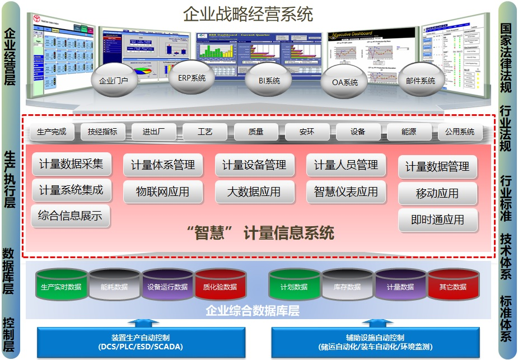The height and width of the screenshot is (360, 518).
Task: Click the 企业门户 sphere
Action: pyautogui.click(x=114, y=80)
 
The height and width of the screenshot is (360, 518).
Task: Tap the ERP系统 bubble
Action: pyautogui.click(x=192, y=78)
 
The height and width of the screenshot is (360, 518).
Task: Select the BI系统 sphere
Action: pyautogui.click(x=269, y=81)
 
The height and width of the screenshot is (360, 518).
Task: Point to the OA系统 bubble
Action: pyautogui.click(x=345, y=82)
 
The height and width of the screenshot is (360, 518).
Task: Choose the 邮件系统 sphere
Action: pyautogui.click(x=420, y=81)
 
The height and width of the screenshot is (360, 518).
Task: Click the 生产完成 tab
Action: pyautogui.click(x=52, y=132)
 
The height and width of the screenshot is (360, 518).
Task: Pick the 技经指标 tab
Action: pyautogui.click(x=102, y=132)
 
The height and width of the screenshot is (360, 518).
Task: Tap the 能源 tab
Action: pyautogui.click(x=409, y=132)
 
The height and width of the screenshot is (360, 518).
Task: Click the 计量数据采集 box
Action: pyautogui.click(x=71, y=164)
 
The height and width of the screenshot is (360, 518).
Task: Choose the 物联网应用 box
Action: pyautogui.click(x=163, y=191)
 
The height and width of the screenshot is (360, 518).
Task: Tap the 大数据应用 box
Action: pyautogui.click(x=254, y=191)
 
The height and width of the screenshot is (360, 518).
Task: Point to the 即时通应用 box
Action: pyautogui.click(x=438, y=220)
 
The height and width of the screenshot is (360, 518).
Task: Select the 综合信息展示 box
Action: pyautogui.click(x=71, y=216)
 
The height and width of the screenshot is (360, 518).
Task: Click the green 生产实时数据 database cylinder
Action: pyautogui.click(x=61, y=286)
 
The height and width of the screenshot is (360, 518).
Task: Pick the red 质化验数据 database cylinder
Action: pyautogui.click(x=220, y=286)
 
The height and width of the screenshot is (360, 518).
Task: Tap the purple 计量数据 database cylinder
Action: pyautogui.click(x=400, y=286)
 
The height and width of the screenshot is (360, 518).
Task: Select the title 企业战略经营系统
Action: pyautogui.click(x=249, y=14)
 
